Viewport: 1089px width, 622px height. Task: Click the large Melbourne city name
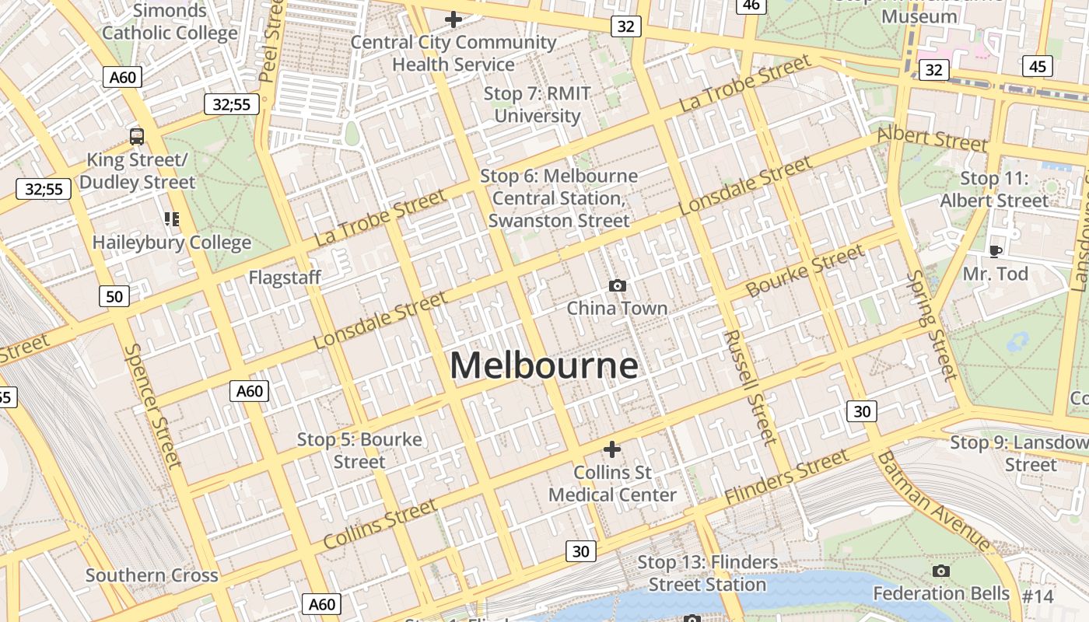544,365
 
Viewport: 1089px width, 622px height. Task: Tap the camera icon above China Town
618,285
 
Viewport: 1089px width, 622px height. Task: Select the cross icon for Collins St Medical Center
612,449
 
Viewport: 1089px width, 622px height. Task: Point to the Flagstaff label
285,278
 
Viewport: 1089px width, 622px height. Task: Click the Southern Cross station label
152,576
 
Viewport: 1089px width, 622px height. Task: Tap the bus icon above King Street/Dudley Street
137,137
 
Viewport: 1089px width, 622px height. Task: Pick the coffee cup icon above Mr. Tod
995,251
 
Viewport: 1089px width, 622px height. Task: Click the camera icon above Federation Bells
940,571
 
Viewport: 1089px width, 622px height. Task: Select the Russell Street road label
750,387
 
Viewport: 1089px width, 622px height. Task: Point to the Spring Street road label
931,326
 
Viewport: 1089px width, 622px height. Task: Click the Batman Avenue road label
933,501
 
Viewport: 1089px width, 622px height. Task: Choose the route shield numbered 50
114,296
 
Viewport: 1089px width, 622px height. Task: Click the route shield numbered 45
1038,67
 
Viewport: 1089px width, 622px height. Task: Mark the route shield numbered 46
751,5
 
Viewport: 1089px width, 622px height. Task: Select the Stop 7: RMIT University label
537,105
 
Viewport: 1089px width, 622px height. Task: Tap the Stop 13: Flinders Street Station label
707,573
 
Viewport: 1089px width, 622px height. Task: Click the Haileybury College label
172,243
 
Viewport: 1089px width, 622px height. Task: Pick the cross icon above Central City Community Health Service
453,19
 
